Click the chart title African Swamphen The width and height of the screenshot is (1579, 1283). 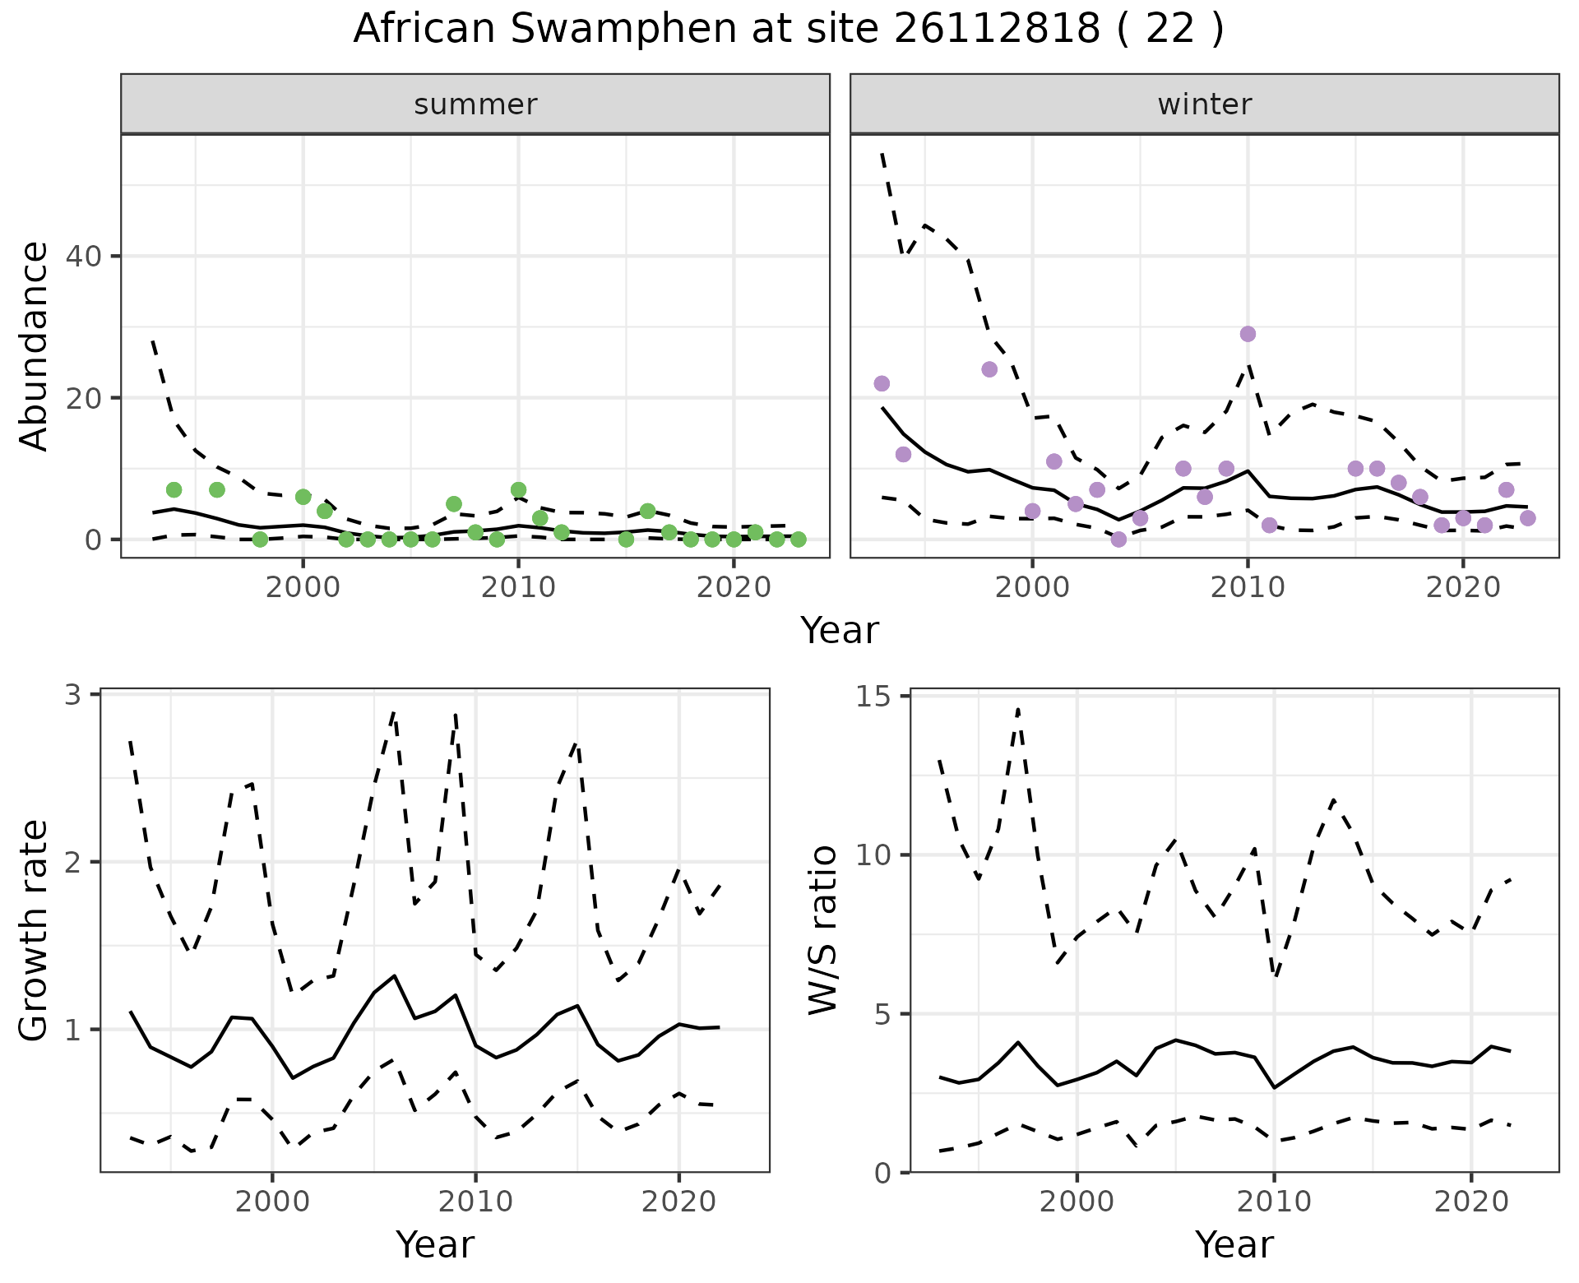[x=788, y=30]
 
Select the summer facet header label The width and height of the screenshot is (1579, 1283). [x=475, y=104]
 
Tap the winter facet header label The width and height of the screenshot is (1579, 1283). [x=1204, y=104]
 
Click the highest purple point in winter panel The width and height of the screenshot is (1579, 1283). [x=1248, y=334]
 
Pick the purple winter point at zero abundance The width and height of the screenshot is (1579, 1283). [x=1118, y=539]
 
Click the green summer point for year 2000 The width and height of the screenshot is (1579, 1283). [x=303, y=497]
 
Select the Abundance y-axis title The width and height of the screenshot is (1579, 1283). [x=35, y=346]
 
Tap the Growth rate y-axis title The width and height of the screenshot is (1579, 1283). [x=35, y=931]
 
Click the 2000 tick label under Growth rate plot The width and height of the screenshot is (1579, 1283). [x=272, y=1202]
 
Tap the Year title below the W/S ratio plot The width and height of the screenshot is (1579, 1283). [x=1234, y=1244]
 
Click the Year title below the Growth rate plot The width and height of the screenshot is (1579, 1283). [x=435, y=1244]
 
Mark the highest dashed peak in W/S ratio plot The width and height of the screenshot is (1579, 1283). [x=1018, y=709]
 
